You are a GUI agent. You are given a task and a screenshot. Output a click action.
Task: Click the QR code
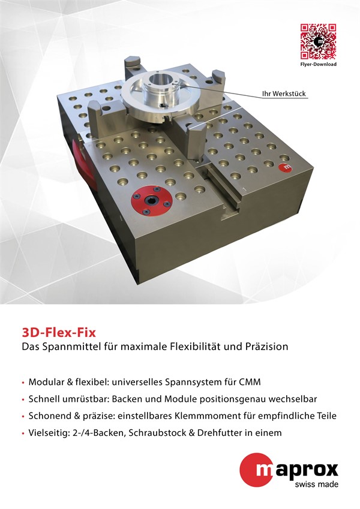point(318,41)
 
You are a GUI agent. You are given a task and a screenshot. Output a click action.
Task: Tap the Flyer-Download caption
point(318,64)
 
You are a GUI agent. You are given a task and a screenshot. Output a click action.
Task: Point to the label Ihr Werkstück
point(284,94)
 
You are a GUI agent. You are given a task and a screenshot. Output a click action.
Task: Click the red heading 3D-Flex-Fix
point(59,333)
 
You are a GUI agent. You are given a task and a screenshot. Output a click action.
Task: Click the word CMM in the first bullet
point(250,382)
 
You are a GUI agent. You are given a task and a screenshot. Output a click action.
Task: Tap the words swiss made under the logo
point(316,484)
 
